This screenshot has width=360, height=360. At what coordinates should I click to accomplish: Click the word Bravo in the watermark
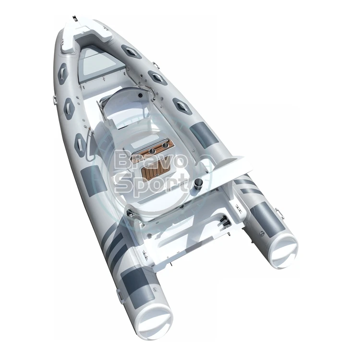pos(150,159)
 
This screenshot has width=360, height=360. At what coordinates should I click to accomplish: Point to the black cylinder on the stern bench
pos(198,184)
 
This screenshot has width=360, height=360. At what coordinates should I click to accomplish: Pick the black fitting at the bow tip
pos(74,18)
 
